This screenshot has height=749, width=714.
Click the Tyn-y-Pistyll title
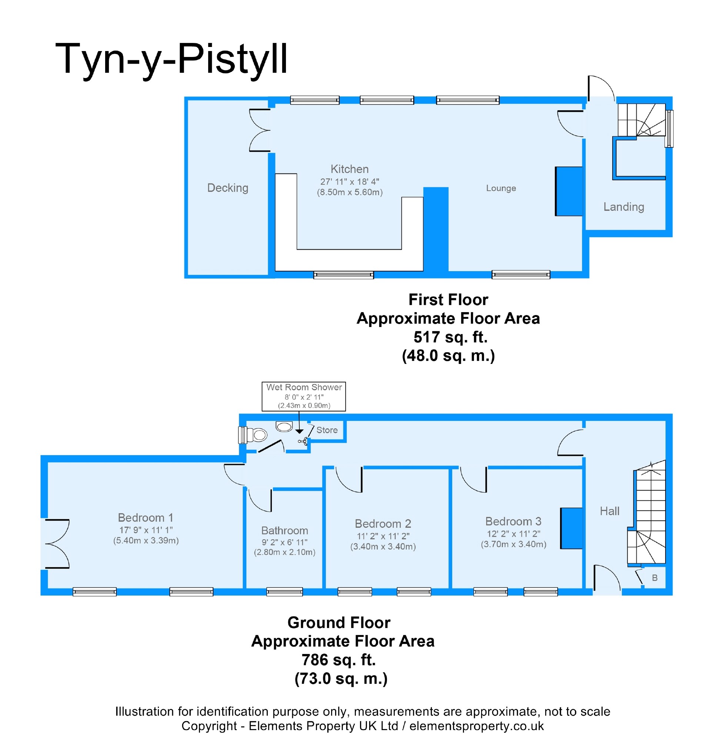pyautogui.click(x=171, y=59)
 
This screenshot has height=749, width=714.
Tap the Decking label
pyautogui.click(x=228, y=188)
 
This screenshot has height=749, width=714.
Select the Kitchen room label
pyautogui.click(x=349, y=169)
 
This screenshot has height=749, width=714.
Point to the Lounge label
pyautogui.click(x=501, y=188)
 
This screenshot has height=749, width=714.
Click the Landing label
pyautogui.click(x=623, y=207)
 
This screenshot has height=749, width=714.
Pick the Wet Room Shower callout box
pyautogui.click(x=303, y=396)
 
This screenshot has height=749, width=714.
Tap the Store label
pyautogui.click(x=327, y=430)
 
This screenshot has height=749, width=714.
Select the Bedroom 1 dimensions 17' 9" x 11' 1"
pyautogui.click(x=146, y=530)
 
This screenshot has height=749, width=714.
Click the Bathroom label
pyautogui.click(x=284, y=530)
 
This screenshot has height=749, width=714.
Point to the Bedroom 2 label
pyautogui.click(x=383, y=523)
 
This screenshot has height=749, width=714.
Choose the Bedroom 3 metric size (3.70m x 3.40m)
pyautogui.click(x=513, y=544)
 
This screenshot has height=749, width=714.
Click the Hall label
pyautogui.click(x=609, y=511)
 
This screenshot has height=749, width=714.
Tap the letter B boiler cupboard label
pyautogui.click(x=655, y=578)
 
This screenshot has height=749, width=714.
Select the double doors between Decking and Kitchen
pyautogui.click(x=260, y=131)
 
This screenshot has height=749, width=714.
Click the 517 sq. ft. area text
pyautogui.click(x=450, y=337)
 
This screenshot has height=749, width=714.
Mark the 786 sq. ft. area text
pyautogui.click(x=338, y=659)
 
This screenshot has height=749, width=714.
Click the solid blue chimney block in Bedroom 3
pyautogui.click(x=571, y=528)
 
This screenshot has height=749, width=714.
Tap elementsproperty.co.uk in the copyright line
pyautogui.click(x=477, y=726)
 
